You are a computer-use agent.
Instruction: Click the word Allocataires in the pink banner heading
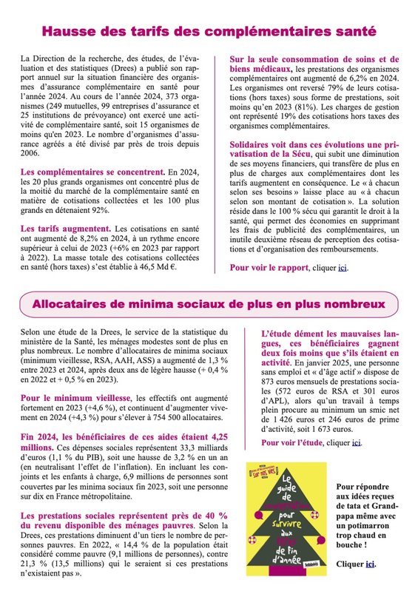(x=82, y=304)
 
